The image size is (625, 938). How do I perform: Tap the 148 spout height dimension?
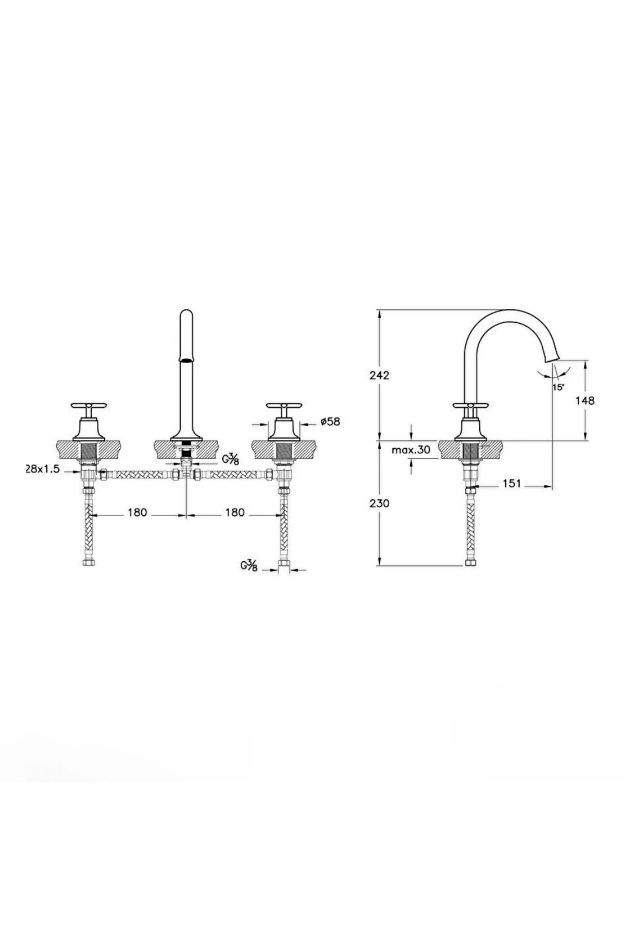pyautogui.click(x=585, y=400)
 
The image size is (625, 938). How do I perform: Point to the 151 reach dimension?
pyautogui.click(x=512, y=484)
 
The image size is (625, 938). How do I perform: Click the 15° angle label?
pyautogui.click(x=558, y=387)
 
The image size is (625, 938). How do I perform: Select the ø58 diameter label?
pyautogui.click(x=330, y=422)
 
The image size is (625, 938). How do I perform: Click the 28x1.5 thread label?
pyautogui.click(x=43, y=469)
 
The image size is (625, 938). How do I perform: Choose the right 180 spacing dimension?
pyautogui.click(x=234, y=513)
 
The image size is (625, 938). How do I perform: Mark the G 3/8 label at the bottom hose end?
pyautogui.click(x=249, y=565)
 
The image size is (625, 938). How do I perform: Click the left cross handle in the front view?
pyautogui.click(x=88, y=405)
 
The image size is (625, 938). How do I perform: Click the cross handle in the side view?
pyautogui.click(x=471, y=405)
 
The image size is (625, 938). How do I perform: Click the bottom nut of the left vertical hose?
pyautogui.click(x=90, y=563)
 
